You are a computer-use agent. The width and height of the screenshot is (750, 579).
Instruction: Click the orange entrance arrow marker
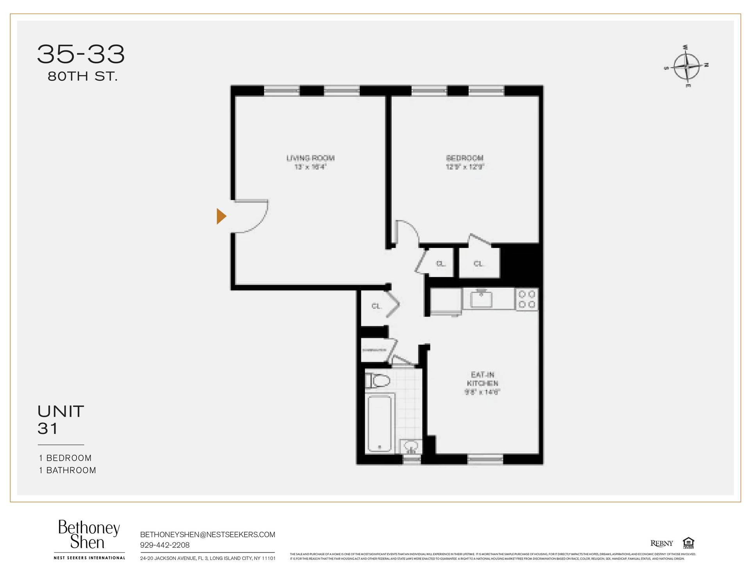pyautogui.click(x=221, y=216)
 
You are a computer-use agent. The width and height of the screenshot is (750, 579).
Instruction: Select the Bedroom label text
pyautogui.click(x=464, y=158)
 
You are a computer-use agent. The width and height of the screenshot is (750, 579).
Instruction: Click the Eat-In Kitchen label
pyautogui.click(x=482, y=379)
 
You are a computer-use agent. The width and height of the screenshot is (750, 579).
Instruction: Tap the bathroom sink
pyautogui.click(x=411, y=446)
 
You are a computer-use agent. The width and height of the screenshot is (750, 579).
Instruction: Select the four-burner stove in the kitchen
pyautogui.click(x=527, y=299)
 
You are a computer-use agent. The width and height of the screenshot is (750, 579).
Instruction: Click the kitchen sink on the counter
pyautogui.click(x=481, y=299)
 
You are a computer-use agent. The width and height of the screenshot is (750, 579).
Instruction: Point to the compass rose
pyautogui.click(x=687, y=66)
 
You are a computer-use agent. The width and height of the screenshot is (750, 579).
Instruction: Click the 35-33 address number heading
pyautogui.click(x=81, y=54)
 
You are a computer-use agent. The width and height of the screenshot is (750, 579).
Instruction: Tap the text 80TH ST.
pyautogui.click(x=82, y=77)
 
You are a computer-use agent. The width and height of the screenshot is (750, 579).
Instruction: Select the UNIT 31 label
pyautogui.click(x=61, y=420)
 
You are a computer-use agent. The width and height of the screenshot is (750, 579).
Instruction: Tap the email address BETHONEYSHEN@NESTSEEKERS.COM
pyautogui.click(x=207, y=534)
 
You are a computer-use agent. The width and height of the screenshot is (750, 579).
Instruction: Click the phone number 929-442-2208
pyautogui.click(x=164, y=545)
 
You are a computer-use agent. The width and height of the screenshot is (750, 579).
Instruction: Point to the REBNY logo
pyautogui.click(x=661, y=543)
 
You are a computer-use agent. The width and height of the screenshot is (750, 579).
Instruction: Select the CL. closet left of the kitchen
pyautogui.click(x=376, y=306)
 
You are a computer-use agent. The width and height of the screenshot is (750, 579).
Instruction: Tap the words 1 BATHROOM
pyautogui.click(x=67, y=470)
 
